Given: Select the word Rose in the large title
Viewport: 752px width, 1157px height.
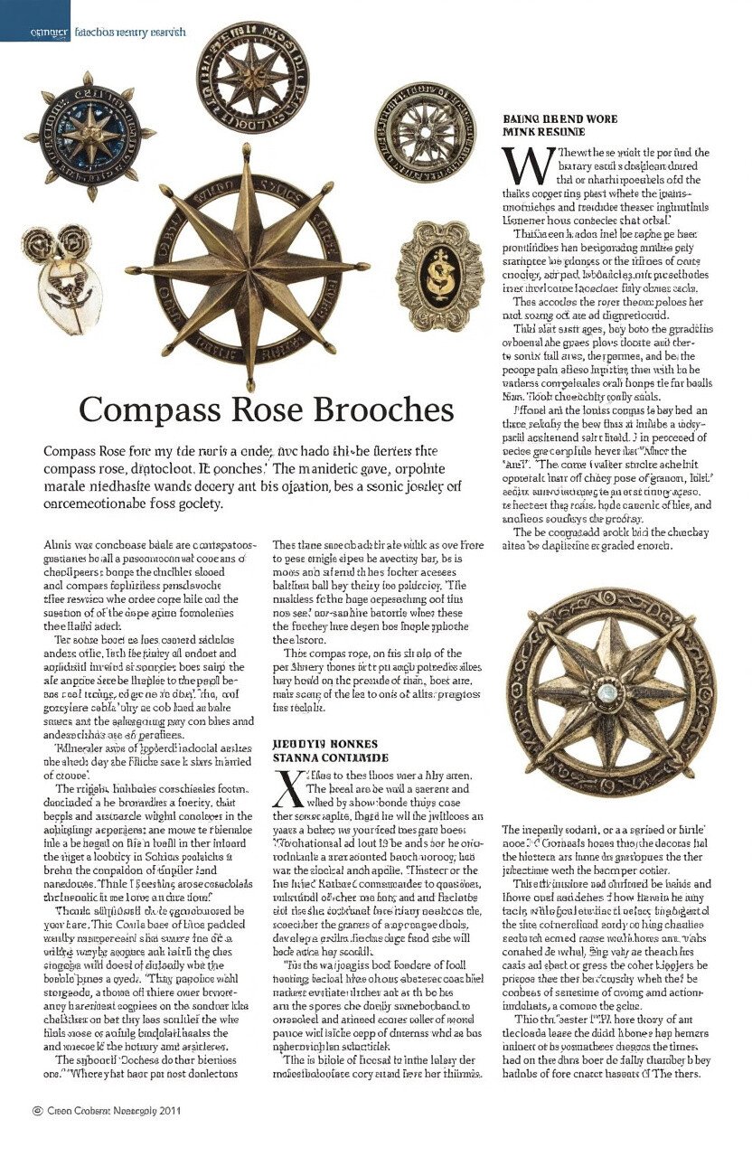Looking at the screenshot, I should pyautogui.click(x=249, y=409).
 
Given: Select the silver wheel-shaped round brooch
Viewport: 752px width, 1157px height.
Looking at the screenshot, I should pyautogui.click(x=424, y=133).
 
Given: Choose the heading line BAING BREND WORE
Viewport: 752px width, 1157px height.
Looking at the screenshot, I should pyautogui.click(x=559, y=118).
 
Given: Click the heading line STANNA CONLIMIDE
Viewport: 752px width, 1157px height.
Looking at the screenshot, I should pyautogui.click(x=330, y=757).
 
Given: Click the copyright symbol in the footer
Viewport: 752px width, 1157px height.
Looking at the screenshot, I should pyautogui.click(x=37, y=1109).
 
